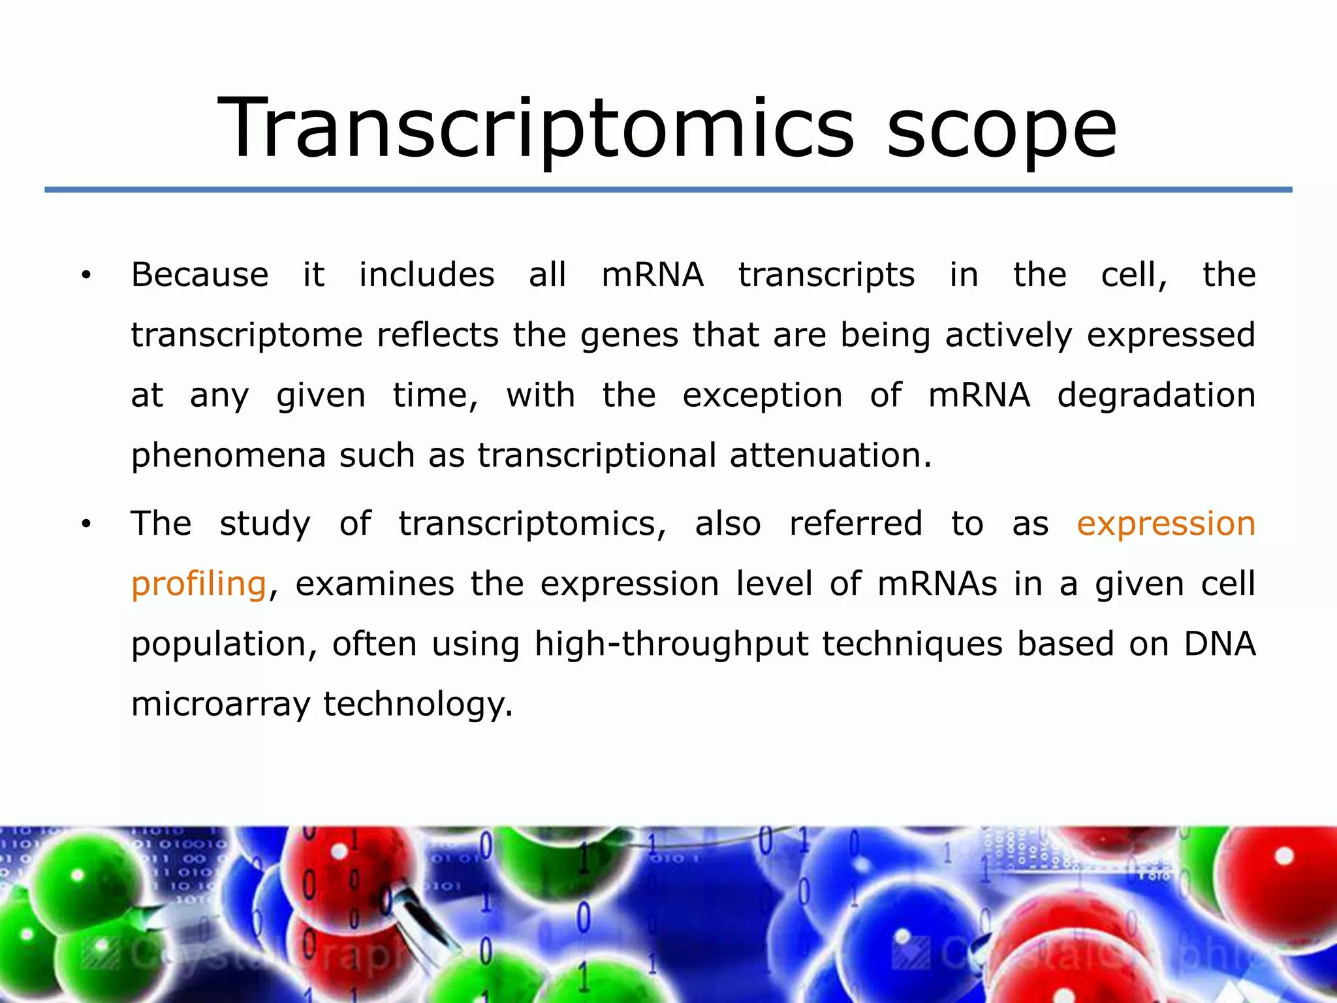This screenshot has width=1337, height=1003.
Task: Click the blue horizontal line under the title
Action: click(x=668, y=189)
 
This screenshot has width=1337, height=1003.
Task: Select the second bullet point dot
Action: click(x=86, y=524)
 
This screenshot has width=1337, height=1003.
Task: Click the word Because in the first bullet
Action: click(x=200, y=274)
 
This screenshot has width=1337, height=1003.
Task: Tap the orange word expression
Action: click(x=1166, y=524)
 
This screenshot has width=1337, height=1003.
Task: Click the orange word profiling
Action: click(x=198, y=584)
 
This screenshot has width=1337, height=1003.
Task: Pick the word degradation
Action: click(x=1156, y=395)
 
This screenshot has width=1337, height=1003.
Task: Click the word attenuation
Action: click(x=830, y=455)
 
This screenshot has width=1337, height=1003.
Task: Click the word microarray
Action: click(x=221, y=705)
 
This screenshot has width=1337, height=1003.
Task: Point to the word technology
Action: click(x=418, y=705)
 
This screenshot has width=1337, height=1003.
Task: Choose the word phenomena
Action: click(x=228, y=455)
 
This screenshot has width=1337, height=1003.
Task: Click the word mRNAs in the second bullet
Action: click(x=937, y=584)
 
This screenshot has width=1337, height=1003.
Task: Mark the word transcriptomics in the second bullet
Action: click(x=532, y=524)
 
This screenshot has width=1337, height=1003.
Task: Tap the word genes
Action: click(x=629, y=336)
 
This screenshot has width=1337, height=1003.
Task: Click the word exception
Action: click(x=763, y=395)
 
